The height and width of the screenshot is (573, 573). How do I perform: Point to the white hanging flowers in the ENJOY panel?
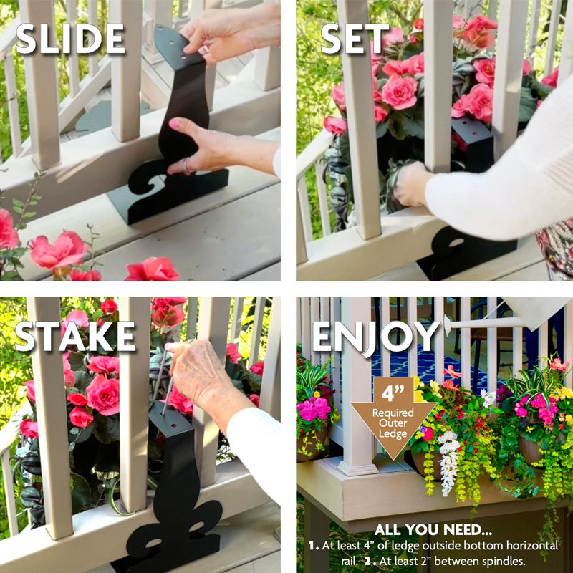pos(449,462)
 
